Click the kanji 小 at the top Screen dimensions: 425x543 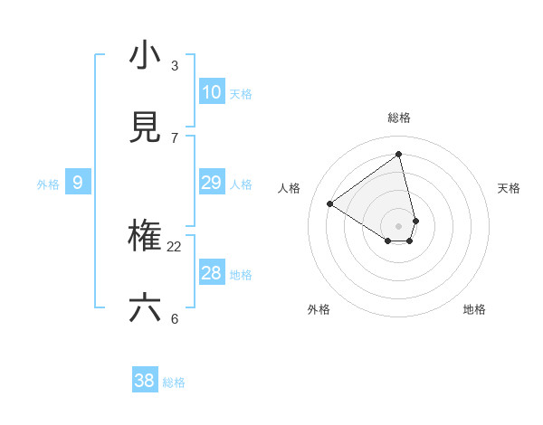[x=145, y=56]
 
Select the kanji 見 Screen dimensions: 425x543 [x=145, y=128]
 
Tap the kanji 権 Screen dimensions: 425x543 [x=145, y=237]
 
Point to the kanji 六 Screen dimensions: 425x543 [x=145, y=308]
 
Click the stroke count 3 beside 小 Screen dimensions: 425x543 [x=175, y=66]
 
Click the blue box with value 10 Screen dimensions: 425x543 [x=212, y=92]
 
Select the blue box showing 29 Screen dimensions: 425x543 [x=212, y=183]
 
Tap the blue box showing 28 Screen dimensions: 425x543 [x=212, y=273]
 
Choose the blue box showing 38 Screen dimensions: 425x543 [x=145, y=381]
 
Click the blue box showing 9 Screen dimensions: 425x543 [x=78, y=183]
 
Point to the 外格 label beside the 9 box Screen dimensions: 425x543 [x=48, y=184]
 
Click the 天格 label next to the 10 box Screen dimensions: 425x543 [x=241, y=94]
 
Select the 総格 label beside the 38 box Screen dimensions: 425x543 [x=174, y=382]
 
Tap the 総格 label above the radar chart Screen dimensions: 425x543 [x=399, y=118]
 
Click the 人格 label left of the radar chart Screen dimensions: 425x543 [x=290, y=188]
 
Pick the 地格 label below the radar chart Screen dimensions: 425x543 [x=474, y=309]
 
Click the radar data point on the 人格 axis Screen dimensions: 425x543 [x=329, y=204]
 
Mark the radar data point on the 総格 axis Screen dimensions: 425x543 [x=399, y=155]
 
